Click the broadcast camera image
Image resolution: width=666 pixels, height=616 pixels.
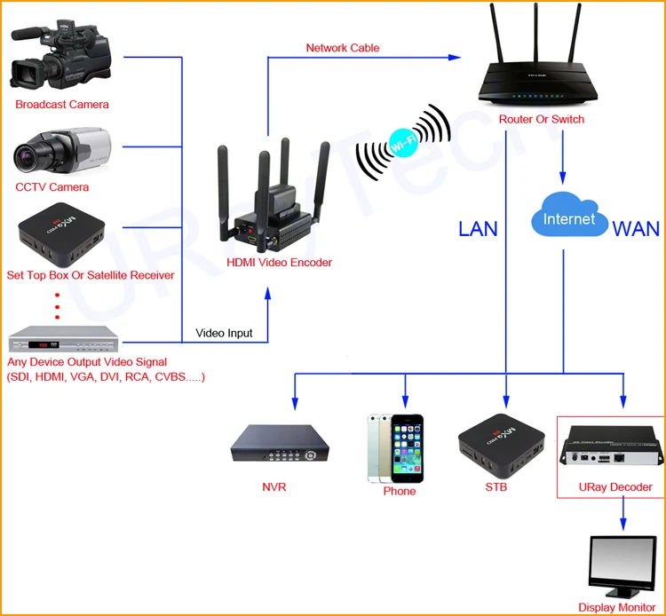pos(60,54)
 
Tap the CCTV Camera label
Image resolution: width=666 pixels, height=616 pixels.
pos(52,187)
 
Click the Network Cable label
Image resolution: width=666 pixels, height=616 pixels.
pos(343,48)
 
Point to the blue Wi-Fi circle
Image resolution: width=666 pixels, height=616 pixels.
pos(402,143)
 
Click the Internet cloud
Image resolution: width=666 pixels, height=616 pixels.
pos(569,215)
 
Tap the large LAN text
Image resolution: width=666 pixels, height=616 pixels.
pos(478,229)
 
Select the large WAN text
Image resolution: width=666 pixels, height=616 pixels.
pos(636,229)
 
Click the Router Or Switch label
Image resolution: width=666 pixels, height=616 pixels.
pos(541,119)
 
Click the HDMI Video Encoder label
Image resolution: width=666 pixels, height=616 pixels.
pos(279,263)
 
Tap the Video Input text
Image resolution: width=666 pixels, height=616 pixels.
pos(224,333)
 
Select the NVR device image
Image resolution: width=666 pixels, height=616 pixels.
pos(280,444)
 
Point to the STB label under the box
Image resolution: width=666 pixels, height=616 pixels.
pos(496,487)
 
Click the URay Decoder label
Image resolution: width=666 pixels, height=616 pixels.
pos(615,487)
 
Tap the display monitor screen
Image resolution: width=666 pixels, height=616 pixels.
pos(623,558)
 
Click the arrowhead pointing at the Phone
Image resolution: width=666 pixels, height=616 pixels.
pos(405,401)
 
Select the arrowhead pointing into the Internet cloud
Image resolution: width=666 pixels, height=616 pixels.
pos(563,178)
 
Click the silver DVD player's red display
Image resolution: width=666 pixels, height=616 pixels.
pos(44,345)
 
